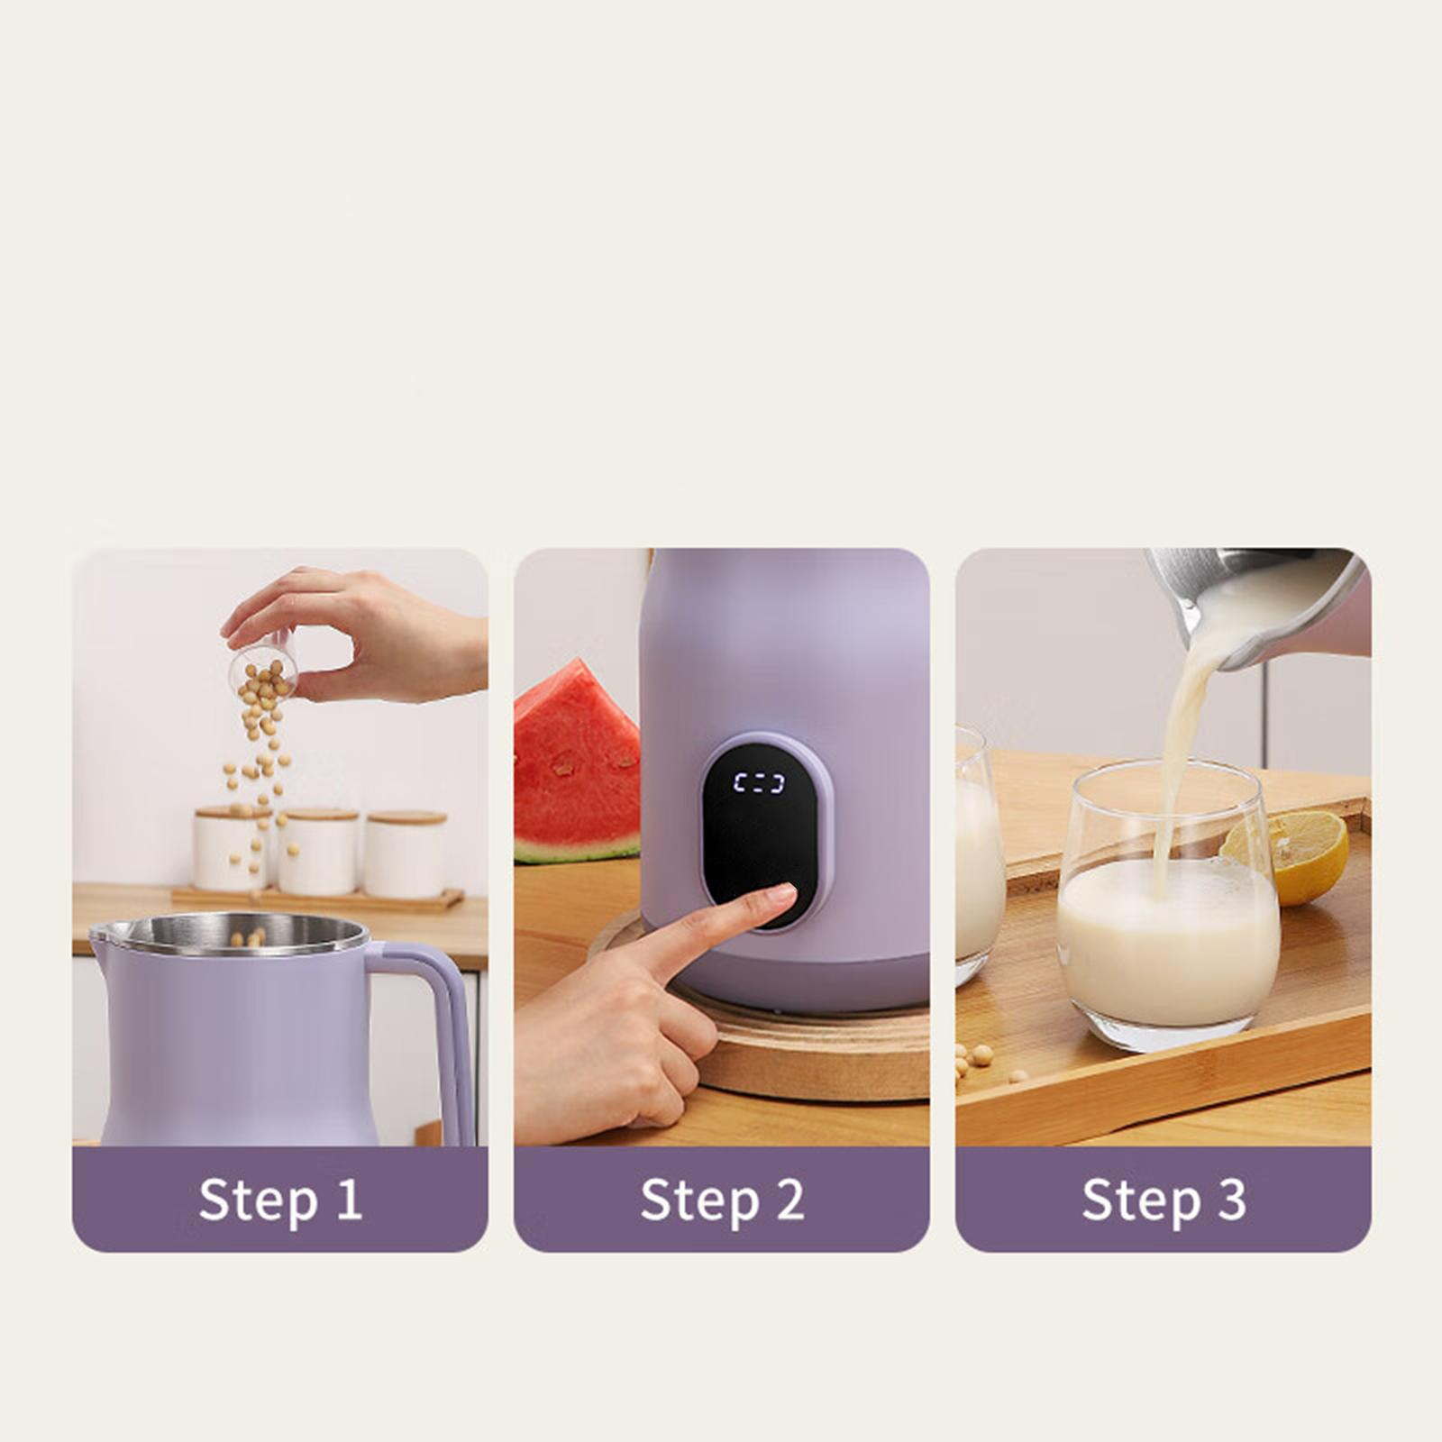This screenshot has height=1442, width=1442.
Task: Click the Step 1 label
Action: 280,1200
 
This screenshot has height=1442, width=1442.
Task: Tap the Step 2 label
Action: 722,1200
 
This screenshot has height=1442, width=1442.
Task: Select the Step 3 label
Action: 1164,1200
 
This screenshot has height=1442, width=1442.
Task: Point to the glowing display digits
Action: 758,782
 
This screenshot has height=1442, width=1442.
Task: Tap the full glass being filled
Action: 1168,906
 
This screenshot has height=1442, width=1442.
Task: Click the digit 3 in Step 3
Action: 1231,1200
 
